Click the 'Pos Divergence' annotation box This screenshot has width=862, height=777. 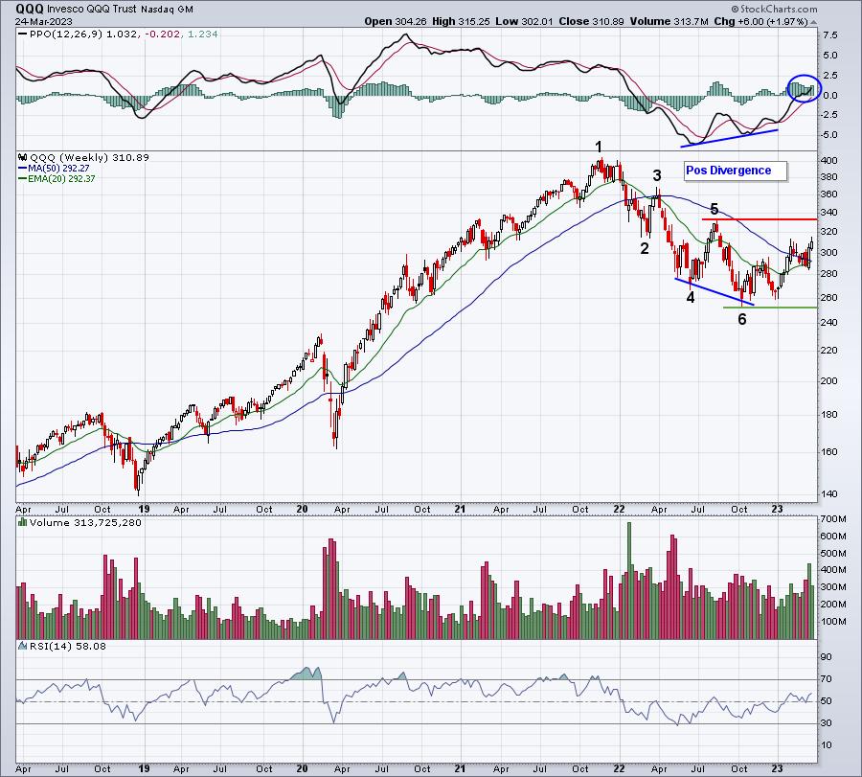[x=735, y=171]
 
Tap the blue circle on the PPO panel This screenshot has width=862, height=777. [x=802, y=89]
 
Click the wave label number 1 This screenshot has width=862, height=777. [x=599, y=147]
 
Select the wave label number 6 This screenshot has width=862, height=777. [x=741, y=319]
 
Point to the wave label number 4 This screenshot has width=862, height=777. [x=690, y=297]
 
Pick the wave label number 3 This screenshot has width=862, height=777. [x=657, y=175]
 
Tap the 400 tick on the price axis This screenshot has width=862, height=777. [x=829, y=161]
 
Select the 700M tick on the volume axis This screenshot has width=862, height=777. [x=833, y=519]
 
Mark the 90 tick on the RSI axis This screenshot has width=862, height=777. [x=826, y=658]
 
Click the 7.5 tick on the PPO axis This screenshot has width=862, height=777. [x=829, y=34]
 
